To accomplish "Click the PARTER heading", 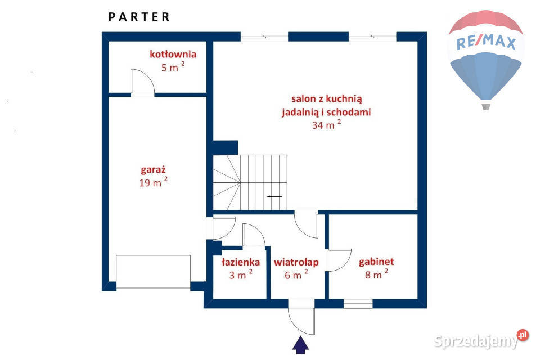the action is coord(139,17).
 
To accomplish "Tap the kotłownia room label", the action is coord(173,54).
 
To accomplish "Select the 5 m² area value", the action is coord(173,66).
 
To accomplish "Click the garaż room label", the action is coord(153,169).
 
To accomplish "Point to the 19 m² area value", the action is coord(153,182).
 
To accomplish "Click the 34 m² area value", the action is coord(326,124).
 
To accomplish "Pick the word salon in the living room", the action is coord(303,99).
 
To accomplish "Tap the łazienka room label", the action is coord(241,262).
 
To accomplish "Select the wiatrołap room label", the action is coord(296,263).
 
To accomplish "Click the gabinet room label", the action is coord(376,262).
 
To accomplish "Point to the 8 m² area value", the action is coord(376,274).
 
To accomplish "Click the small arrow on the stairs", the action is coord(274,197).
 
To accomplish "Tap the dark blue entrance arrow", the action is coord(300,345).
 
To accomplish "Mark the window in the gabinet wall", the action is coord(358,304).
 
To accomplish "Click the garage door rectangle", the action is coord(153,272).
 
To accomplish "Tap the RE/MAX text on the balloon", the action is coord(486,42).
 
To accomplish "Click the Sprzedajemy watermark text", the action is coord(476,341).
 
